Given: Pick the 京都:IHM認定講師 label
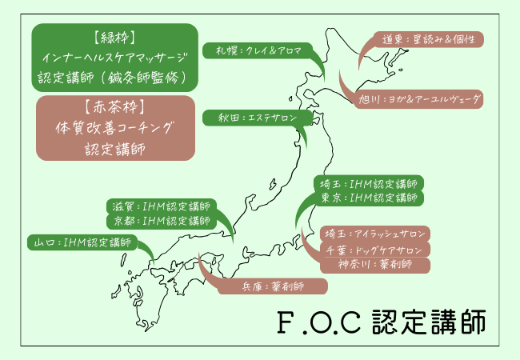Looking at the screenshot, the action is pyautogui.click(x=160, y=220).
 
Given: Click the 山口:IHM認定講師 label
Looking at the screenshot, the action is pyautogui.click(x=80, y=242).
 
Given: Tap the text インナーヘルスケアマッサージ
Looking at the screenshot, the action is pyautogui.click(x=114, y=58).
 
